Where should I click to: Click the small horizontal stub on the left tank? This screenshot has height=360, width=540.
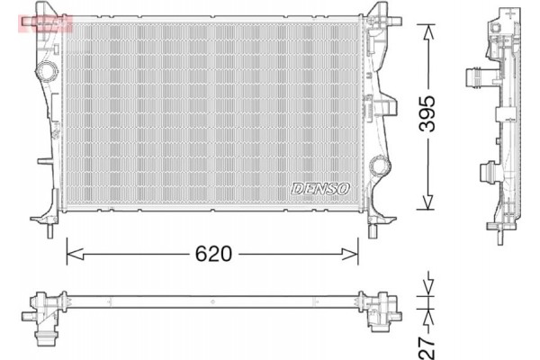tap(41, 163)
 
